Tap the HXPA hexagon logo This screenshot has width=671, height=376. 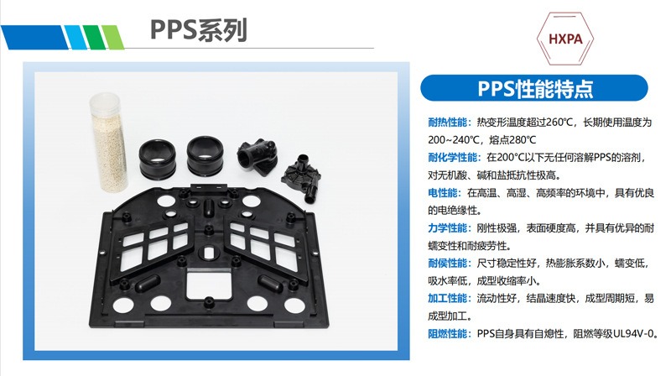point(568,39)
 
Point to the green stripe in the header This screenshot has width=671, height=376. point(77,37)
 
